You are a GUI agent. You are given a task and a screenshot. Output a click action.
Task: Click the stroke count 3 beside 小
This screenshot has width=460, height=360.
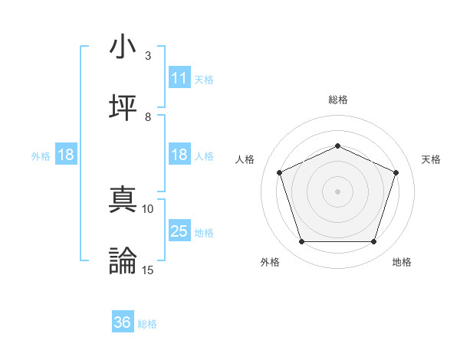click(148, 55)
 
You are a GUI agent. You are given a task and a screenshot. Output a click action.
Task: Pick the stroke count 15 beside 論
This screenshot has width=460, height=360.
click(148, 270)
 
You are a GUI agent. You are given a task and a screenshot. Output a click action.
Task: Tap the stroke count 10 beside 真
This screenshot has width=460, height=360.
click(148, 208)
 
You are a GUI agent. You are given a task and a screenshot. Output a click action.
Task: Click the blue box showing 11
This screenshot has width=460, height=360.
click(179, 78)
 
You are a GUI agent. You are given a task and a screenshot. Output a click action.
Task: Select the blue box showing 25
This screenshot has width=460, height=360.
click(179, 231)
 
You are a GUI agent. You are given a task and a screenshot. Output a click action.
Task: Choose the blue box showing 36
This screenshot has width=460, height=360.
click(123, 323)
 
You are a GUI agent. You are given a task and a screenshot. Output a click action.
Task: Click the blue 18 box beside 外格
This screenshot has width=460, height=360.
click(66, 155)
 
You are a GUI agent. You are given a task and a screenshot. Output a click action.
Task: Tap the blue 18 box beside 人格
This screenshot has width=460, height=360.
click(179, 155)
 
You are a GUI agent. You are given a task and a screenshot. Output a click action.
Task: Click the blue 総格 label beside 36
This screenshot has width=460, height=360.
click(147, 324)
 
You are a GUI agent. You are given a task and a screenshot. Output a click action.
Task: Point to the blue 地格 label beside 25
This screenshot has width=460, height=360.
click(204, 232)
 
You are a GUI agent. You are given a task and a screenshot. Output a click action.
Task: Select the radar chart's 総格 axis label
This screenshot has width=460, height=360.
click(337, 100)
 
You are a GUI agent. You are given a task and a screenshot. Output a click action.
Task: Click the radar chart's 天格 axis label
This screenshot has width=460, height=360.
click(431, 159)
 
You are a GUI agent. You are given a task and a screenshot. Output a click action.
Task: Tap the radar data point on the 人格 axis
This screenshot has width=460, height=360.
click(279, 172)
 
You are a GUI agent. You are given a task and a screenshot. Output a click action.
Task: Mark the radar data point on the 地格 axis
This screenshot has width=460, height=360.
click(373, 242)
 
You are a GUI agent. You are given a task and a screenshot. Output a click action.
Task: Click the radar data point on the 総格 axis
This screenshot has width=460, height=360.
click(337, 146)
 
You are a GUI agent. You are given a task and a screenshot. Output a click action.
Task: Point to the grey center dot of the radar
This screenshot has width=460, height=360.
click(337, 191)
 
